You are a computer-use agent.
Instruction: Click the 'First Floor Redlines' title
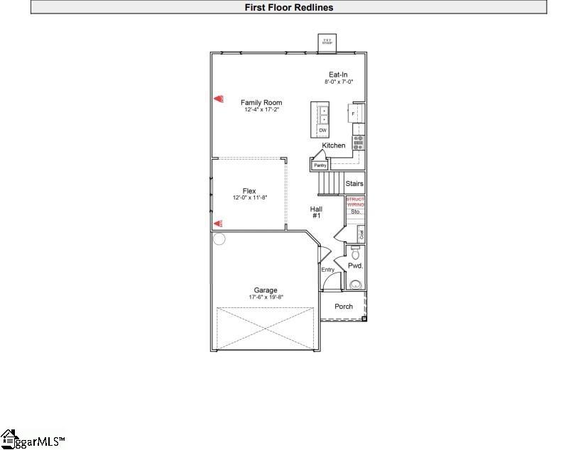(289, 8)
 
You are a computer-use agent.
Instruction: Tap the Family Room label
(261, 103)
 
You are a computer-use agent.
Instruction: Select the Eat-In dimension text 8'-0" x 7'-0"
(337, 82)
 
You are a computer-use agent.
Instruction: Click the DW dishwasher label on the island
(322, 131)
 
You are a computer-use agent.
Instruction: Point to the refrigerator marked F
(353, 114)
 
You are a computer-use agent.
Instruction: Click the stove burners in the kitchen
(359, 141)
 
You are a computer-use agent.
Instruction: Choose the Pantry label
(320, 165)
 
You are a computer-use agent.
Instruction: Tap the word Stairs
(354, 184)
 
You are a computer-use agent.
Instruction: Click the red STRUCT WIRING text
(355, 202)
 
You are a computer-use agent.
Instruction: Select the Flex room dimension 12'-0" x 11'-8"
(249, 198)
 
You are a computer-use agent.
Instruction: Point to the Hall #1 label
(317, 212)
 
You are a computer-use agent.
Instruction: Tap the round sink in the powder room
(355, 285)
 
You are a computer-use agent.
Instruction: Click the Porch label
(344, 307)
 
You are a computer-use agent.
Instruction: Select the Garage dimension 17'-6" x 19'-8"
(266, 297)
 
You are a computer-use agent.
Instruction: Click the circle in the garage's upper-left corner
(219, 239)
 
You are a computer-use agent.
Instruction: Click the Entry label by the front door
(327, 270)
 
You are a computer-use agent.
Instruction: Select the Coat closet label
(361, 234)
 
